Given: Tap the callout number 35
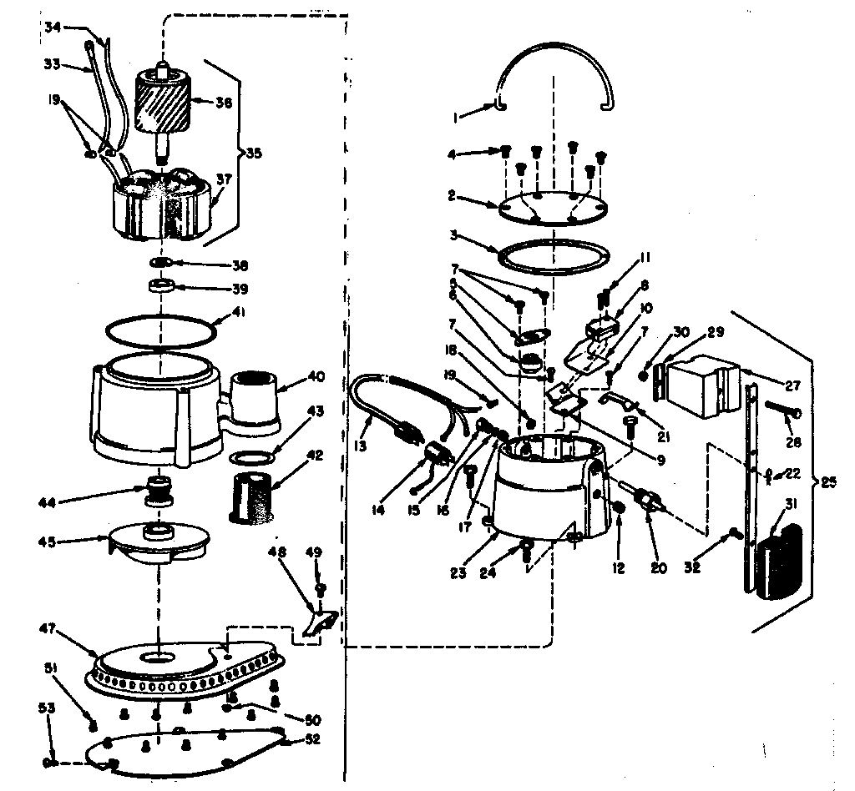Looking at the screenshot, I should (252, 153).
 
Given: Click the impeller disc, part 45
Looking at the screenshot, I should (159, 544).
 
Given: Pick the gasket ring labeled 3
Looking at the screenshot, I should (552, 257).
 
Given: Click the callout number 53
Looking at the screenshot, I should (48, 708).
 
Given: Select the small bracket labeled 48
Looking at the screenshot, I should (320, 622).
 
